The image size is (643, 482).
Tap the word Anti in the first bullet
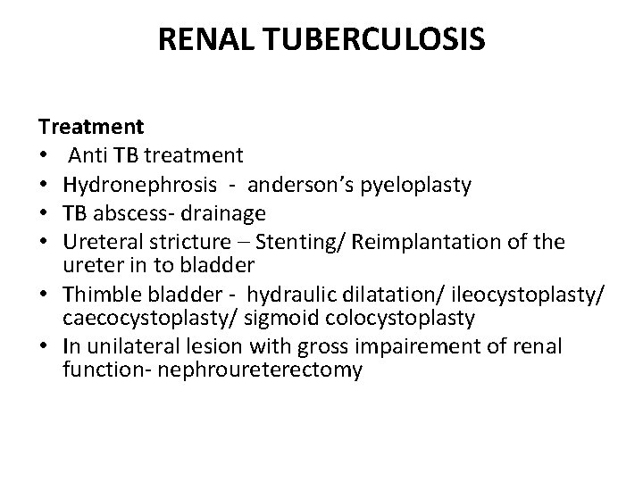click(x=89, y=156)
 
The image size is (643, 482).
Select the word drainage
click(x=214, y=213)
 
